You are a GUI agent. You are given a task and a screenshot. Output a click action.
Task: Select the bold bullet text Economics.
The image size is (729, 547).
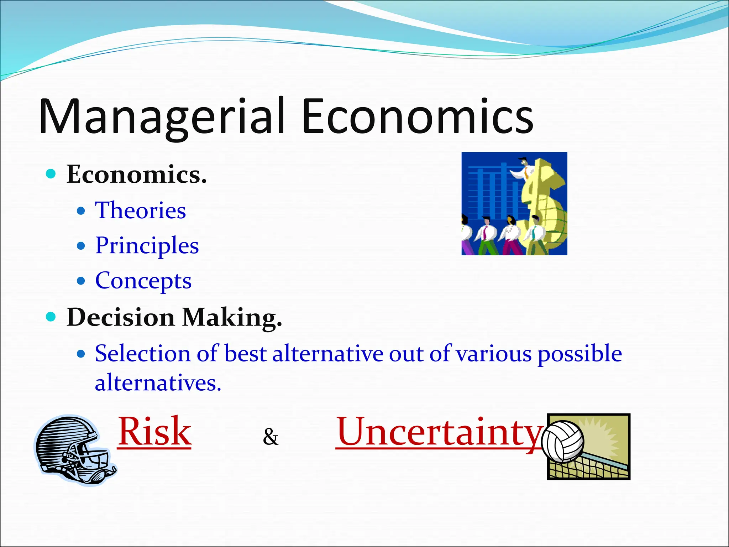pos(136,174)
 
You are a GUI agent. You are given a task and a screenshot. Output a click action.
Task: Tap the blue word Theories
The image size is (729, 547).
pos(140,210)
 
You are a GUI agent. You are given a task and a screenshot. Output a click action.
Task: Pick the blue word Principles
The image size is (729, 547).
pos(147,246)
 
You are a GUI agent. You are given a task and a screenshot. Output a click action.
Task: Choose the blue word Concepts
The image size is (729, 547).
pos(143,281)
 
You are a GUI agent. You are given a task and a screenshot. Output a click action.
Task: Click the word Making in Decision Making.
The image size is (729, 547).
pos(232,317)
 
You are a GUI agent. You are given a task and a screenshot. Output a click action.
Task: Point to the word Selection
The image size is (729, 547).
pos(142,353)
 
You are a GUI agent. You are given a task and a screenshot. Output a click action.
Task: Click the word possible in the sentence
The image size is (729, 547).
pos(579,354)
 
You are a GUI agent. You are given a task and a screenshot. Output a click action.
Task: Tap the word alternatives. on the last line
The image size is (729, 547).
pos(158,383)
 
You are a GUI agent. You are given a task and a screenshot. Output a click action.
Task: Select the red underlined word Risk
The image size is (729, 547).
pos(154,432)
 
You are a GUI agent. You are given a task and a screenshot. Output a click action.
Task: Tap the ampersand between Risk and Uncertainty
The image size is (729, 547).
pos(271,437)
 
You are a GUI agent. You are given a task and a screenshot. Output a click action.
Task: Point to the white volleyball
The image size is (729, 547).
pos(562,442)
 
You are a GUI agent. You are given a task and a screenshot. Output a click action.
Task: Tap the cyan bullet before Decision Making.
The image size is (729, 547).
pos(51,316)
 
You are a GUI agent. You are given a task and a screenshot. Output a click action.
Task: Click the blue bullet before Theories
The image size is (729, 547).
pos(81,211)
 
